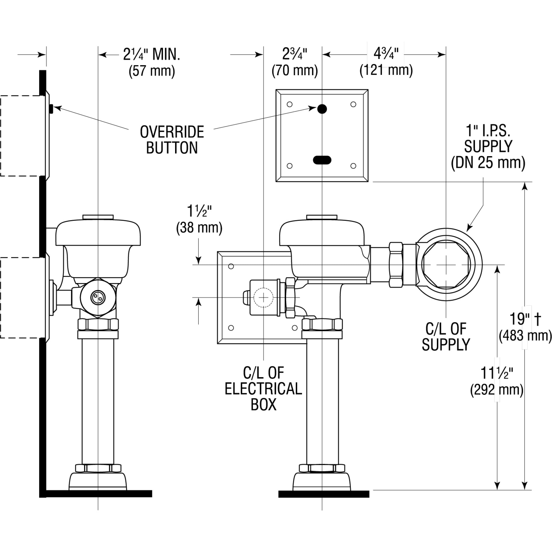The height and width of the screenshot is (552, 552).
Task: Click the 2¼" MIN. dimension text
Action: click(x=152, y=55)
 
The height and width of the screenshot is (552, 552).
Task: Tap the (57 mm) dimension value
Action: click(x=152, y=71)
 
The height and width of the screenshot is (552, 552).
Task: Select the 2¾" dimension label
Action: click(x=295, y=54)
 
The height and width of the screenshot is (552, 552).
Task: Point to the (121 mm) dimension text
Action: click(x=386, y=70)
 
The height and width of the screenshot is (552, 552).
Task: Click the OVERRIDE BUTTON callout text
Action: click(x=172, y=140)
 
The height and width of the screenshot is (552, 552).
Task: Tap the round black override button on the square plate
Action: click(x=322, y=109)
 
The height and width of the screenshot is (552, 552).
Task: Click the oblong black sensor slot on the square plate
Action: click(x=322, y=160)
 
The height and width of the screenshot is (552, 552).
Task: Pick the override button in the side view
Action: click(x=51, y=109)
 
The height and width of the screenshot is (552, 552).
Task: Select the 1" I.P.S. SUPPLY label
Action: click(x=488, y=139)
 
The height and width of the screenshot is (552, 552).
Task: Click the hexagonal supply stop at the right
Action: click(x=446, y=265)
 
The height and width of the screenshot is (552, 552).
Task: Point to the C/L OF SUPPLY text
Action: click(x=446, y=337)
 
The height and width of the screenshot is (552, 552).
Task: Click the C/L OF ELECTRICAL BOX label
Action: click(x=264, y=389)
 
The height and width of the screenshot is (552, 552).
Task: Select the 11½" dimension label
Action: click(x=497, y=373)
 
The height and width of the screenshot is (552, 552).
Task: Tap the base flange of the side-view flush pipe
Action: click(x=98, y=481)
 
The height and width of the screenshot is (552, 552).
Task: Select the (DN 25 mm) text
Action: click(x=488, y=163)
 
